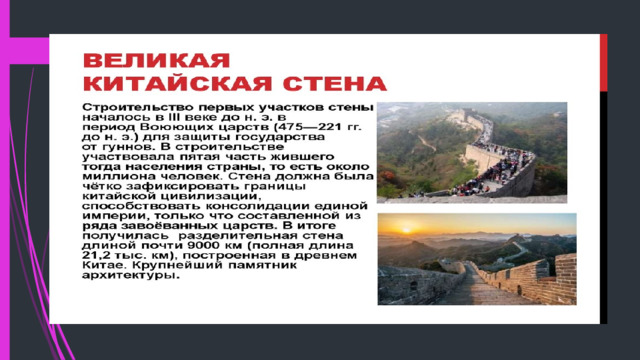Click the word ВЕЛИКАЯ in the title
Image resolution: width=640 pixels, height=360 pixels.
pyautogui.click(x=157, y=61)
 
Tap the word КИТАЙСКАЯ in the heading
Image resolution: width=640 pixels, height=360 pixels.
pyautogui.click(x=178, y=84)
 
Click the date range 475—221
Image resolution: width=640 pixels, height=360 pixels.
pyautogui.click(x=310, y=127)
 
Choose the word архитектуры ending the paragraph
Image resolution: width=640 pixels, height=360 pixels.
pyautogui.click(x=130, y=275)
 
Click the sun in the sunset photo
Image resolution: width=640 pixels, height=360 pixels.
pyautogui.click(x=407, y=230)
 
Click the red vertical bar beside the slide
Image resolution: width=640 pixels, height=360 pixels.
pyautogui.click(x=603, y=63)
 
